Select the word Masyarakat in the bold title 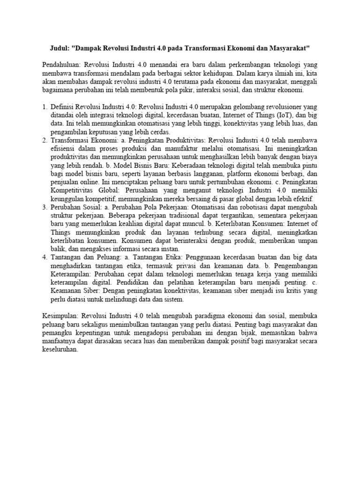pyautogui.click(x=286, y=49)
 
